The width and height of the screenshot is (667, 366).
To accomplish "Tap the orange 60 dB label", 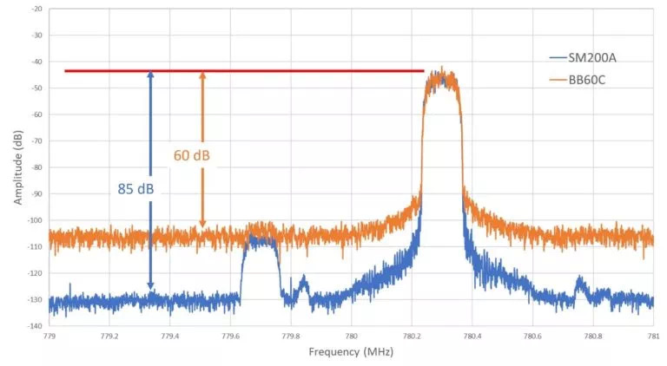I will tap(192, 156).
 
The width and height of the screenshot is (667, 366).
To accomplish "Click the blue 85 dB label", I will tap(136, 187).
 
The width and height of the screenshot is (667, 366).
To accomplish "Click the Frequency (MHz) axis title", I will tap(350, 352).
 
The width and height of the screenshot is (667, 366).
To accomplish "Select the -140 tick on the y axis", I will tap(34, 326).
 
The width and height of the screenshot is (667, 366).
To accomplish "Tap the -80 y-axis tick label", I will tap(36, 167).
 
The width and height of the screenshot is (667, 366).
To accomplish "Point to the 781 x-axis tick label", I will tap(652, 336).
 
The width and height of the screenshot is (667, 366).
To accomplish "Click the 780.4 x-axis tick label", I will tap(472, 336).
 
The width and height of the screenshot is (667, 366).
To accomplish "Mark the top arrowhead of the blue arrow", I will tap(150, 75).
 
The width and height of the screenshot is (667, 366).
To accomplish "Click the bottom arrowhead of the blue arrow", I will tap(150, 286).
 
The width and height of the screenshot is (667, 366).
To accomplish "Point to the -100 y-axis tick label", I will tap(34, 220).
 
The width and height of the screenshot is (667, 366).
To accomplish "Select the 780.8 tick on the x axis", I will tap(592, 336).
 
